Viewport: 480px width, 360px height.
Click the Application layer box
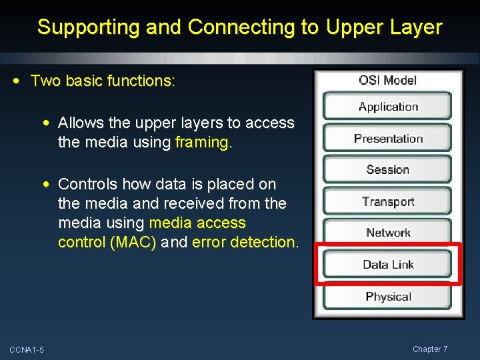point(387,107)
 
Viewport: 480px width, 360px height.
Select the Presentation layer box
point(387,139)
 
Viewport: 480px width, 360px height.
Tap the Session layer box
point(387,170)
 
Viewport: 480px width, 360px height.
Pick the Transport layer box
point(387,201)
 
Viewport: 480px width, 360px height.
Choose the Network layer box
point(387,233)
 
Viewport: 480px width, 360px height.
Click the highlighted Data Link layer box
point(387,265)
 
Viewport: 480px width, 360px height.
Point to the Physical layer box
point(387,297)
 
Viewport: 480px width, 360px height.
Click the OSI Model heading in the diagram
point(387,80)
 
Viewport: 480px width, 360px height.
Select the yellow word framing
point(201,142)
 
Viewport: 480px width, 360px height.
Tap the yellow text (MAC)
point(135,242)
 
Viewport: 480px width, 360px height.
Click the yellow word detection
point(263,242)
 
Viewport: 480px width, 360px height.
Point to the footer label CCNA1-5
point(27,350)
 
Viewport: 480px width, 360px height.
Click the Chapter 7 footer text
point(430,349)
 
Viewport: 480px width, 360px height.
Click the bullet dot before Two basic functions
point(17,81)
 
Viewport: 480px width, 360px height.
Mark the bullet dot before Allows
point(45,123)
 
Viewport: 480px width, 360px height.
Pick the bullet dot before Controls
point(45,184)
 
